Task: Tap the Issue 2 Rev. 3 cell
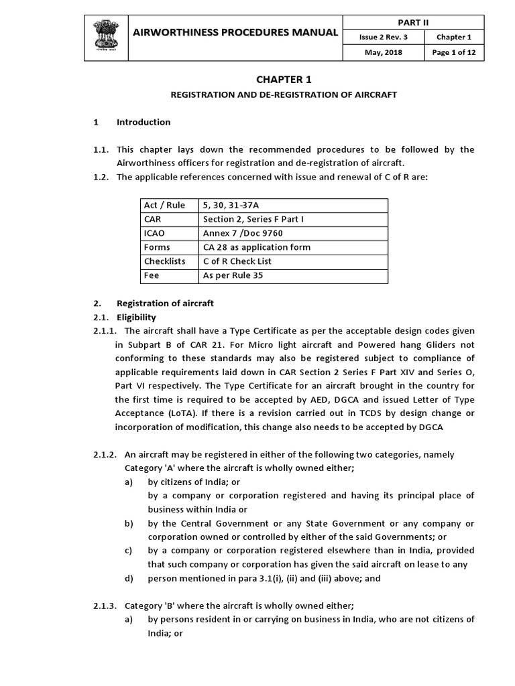(x=383, y=38)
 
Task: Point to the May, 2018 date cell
(x=383, y=53)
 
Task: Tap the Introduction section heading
(x=144, y=122)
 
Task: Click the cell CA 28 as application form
(x=257, y=247)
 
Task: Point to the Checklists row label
(x=164, y=261)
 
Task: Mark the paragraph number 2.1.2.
(x=106, y=454)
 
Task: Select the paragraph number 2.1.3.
(x=106, y=606)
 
